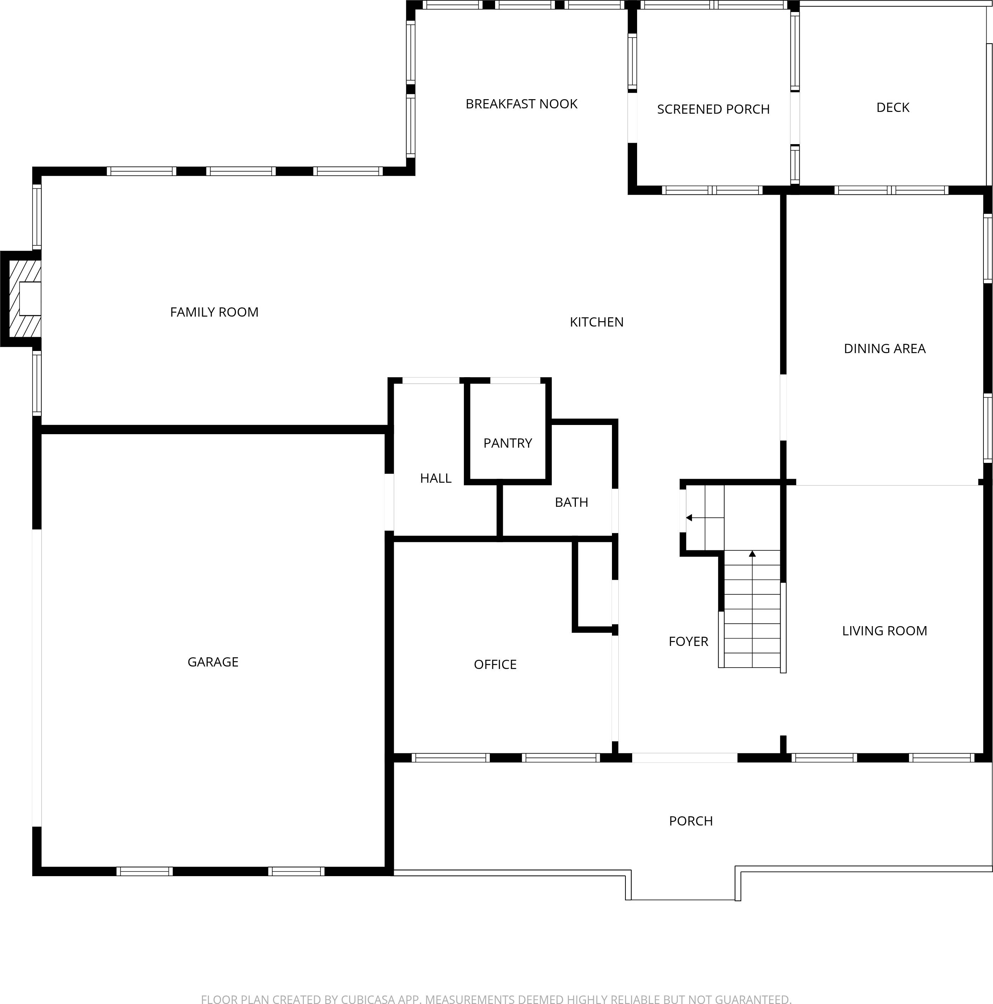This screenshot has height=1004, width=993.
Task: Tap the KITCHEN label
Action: coord(596,322)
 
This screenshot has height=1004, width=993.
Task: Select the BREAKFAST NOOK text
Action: coord(521,104)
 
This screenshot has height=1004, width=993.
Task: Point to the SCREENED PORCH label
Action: coord(713,109)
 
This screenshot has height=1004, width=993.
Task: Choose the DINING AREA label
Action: coord(884,349)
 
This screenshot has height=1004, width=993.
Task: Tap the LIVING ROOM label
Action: coord(884,631)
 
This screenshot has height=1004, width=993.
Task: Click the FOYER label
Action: coord(688,642)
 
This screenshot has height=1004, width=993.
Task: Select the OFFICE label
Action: coord(495,665)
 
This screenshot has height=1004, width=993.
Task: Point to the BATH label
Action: coord(571,503)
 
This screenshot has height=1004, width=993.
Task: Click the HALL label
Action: coord(436,478)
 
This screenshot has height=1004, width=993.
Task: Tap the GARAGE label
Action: coord(212,662)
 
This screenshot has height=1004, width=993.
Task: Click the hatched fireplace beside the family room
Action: coord(21,299)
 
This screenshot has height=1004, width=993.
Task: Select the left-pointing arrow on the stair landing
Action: coord(690,518)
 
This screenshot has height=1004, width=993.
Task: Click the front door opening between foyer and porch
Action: coord(684,758)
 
